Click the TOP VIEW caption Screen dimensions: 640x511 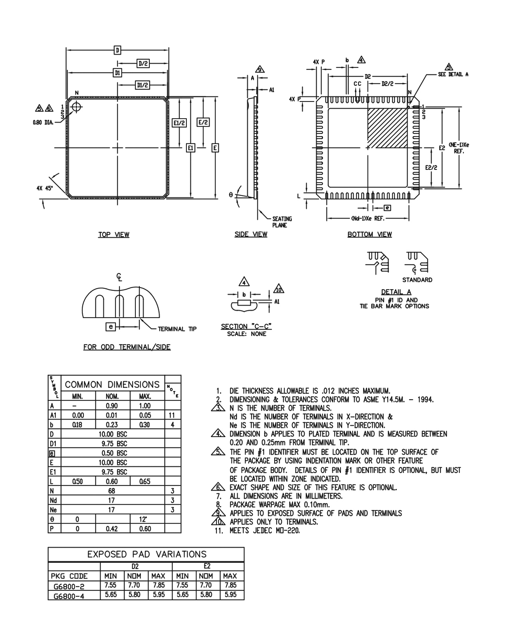[114, 235]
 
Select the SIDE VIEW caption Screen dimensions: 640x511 [251, 234]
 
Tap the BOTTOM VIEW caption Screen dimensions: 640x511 [369, 234]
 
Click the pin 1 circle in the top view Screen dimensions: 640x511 [76, 107]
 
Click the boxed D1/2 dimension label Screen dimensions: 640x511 [143, 85]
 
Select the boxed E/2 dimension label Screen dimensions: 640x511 [203, 123]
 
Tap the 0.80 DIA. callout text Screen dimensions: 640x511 [43, 123]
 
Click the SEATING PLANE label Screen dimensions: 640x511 [282, 222]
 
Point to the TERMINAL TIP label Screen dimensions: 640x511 [177, 329]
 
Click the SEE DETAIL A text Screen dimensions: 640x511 [453, 74]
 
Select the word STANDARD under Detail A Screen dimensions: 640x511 [417, 280]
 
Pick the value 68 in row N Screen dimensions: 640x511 [111, 491]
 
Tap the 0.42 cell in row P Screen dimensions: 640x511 [111, 529]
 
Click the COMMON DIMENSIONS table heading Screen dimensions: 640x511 [112, 385]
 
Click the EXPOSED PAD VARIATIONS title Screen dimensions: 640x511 [147, 554]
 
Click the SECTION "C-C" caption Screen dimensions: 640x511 [246, 327]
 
